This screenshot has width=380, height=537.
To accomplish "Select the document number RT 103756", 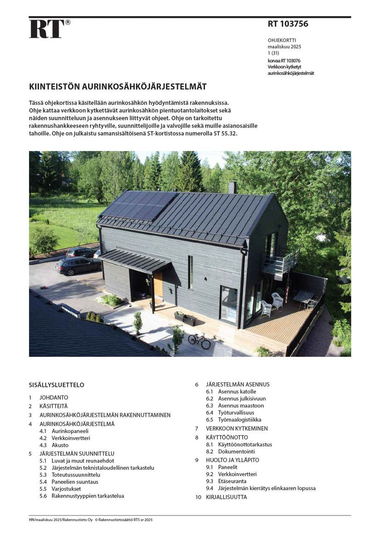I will point(288,24).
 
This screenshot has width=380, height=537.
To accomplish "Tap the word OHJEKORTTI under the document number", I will point(283,40).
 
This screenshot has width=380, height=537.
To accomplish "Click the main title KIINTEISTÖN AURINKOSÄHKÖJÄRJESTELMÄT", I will point(118,86).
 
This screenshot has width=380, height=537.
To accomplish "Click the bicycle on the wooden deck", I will point(199,340).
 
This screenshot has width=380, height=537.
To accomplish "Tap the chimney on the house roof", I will point(233,187).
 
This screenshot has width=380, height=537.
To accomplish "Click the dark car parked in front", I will point(78,265).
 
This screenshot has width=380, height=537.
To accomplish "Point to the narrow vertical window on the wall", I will point(190,272).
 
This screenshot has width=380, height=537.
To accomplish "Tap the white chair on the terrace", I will point(278,301).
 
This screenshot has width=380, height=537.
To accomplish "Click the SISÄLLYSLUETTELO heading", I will point(57,385).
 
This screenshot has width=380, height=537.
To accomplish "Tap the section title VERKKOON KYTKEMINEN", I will point(237,428).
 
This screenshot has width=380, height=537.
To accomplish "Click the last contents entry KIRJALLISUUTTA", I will point(226,497).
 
